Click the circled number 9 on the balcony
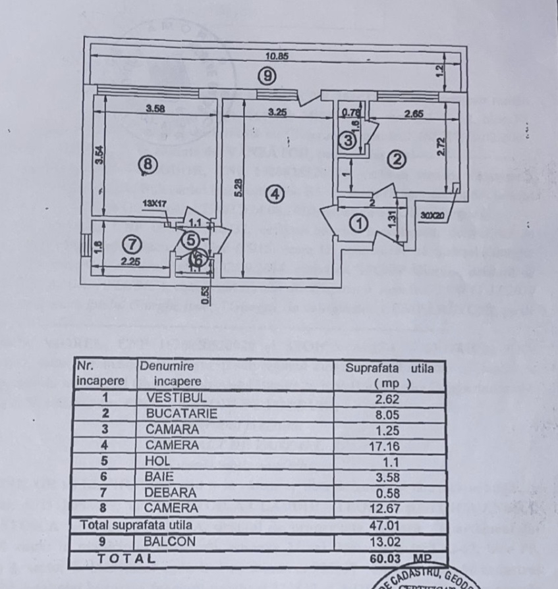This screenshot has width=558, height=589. click(266, 76)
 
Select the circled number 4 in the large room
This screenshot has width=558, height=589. click(275, 193)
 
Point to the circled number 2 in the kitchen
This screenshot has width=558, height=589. click(396, 159)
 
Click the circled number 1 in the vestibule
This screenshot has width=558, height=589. click(359, 224)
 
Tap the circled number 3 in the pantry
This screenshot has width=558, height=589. click(349, 140)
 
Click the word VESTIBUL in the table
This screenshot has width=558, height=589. click(177, 398)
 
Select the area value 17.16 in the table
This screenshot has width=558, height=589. click(389, 446)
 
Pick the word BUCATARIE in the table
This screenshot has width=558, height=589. click(181, 414)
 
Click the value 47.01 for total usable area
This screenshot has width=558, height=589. click(389, 525)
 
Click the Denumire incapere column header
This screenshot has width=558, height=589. click(169, 374)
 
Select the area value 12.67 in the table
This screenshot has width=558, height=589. click(389, 509)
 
